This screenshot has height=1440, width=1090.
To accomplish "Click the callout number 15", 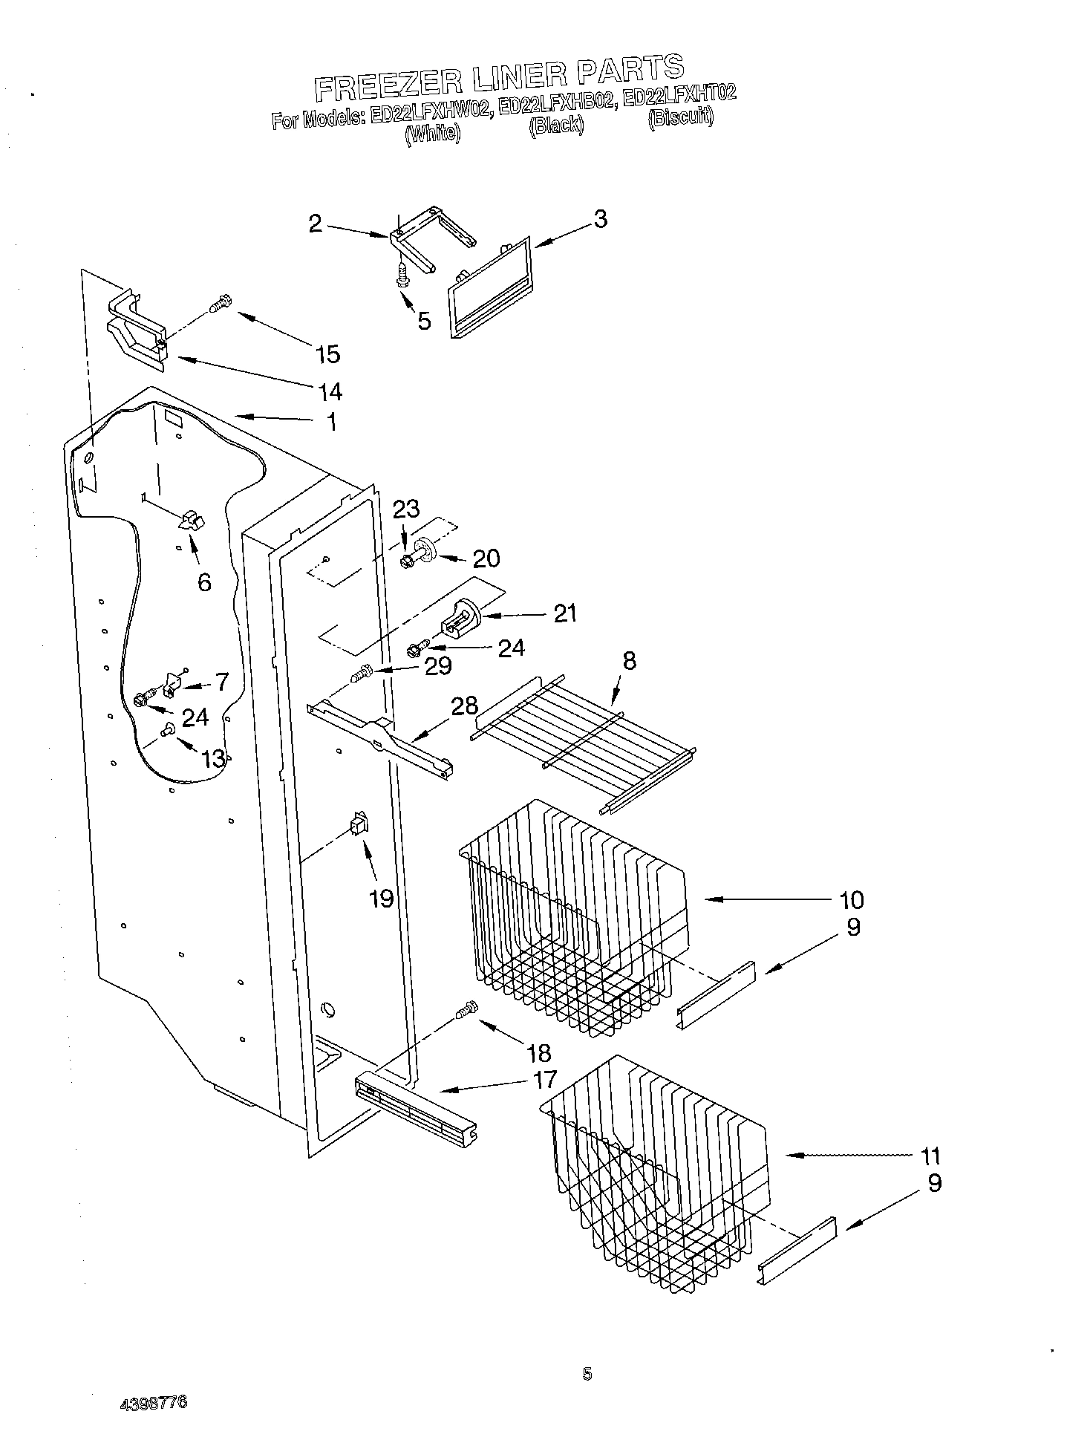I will [x=327, y=354].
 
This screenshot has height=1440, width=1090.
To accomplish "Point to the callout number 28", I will [x=465, y=705].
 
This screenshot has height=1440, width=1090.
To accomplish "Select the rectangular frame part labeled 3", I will [x=490, y=288].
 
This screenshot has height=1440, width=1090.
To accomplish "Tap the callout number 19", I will [x=381, y=899].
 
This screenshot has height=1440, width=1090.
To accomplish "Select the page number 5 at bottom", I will [x=587, y=1374].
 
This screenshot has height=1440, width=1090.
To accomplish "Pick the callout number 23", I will [x=406, y=509].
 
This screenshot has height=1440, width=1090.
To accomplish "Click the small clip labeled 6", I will [x=191, y=520].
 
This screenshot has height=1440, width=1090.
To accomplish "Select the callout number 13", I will [x=213, y=758].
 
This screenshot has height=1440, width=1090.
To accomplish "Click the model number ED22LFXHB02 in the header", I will [x=556, y=105].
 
